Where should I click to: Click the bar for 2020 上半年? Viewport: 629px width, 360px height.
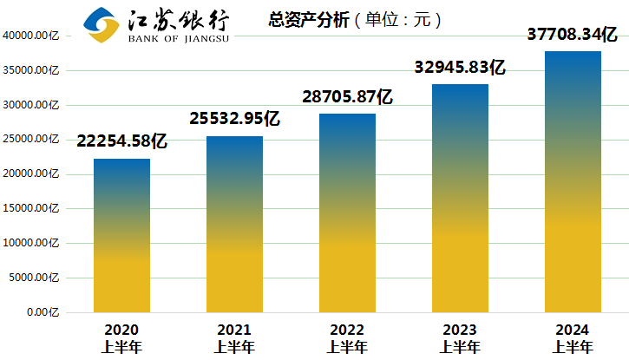click(x=121, y=235)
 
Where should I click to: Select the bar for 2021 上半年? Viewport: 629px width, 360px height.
click(x=234, y=224)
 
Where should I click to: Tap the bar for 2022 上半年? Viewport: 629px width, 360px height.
click(x=347, y=213)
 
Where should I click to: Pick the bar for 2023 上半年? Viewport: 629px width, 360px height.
click(x=460, y=198)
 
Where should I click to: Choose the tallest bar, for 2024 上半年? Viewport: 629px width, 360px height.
click(x=573, y=181)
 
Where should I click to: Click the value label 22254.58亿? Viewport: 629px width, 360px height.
click(x=121, y=141)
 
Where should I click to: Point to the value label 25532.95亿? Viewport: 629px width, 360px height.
click(x=234, y=119)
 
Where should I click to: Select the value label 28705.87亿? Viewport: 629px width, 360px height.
click(x=347, y=96)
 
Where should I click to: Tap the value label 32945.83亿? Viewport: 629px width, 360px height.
click(x=460, y=67)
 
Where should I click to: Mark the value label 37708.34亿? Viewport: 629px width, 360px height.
click(x=573, y=35)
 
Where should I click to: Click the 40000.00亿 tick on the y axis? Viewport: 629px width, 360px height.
click(x=31, y=36)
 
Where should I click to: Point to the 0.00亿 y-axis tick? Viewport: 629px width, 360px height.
click(x=43, y=312)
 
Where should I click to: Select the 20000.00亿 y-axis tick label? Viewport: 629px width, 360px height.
click(x=31, y=173)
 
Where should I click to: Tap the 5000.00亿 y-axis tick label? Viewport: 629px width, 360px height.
click(x=34, y=278)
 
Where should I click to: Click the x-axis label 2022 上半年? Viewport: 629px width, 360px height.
click(x=347, y=338)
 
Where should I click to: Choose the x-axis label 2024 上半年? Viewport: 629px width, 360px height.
click(x=573, y=338)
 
